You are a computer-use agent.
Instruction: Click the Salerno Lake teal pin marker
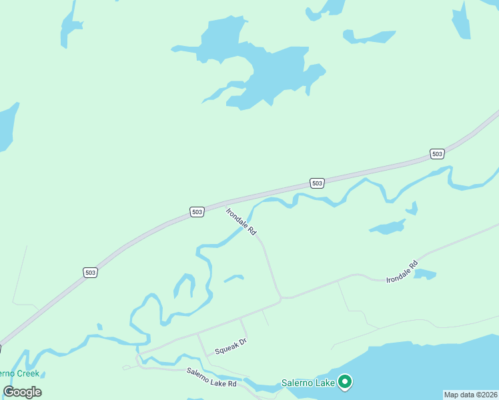tap(345, 382)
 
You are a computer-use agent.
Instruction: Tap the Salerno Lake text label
tap(308, 383)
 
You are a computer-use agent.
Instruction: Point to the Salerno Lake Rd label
tap(211, 378)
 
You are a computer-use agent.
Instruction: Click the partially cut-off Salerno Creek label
tap(19, 374)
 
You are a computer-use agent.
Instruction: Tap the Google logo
tap(23, 392)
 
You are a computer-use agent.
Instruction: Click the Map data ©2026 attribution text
tap(470, 395)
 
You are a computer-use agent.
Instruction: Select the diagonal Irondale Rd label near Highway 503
tap(241, 222)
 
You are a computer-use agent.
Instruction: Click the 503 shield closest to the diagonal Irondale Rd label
tap(197, 212)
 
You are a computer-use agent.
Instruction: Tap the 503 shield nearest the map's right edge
tap(437, 154)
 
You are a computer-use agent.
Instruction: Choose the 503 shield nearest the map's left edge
tap(91, 272)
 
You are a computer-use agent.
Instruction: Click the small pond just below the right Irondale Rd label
tap(425, 274)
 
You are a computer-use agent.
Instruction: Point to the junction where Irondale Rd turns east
tap(281, 297)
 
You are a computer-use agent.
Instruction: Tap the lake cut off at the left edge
tap(5, 127)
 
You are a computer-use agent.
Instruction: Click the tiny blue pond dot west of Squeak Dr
tap(99, 327)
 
